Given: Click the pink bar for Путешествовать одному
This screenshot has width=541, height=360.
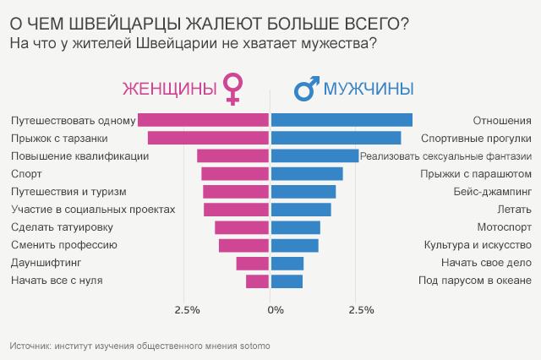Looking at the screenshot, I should [203, 120].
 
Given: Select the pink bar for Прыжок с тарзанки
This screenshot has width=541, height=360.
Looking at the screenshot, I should [208, 138].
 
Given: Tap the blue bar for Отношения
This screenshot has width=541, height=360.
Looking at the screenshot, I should [342, 120].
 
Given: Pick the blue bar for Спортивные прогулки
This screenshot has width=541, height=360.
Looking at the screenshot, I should [336, 138].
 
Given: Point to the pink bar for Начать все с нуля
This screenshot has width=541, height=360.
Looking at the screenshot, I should [257, 281].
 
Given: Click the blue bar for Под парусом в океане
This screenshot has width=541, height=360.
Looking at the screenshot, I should [287, 281].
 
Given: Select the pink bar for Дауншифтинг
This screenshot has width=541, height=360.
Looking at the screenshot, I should [253, 263].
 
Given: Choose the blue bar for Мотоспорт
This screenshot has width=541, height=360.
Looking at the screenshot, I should [295, 227].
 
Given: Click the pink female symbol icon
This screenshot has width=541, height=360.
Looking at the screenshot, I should [232, 88].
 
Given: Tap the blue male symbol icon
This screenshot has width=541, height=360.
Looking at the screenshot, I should [305, 88].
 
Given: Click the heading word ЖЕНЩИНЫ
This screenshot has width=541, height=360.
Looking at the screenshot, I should [169, 89].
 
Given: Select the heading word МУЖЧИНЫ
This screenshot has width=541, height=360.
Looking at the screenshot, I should [369, 89].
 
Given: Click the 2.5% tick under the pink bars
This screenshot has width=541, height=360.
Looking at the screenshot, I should [187, 310].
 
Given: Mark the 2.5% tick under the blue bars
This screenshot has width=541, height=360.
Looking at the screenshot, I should [361, 310].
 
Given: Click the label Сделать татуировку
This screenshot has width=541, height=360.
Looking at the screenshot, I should [62, 227].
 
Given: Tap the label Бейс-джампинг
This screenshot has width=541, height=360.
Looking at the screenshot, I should [495, 192].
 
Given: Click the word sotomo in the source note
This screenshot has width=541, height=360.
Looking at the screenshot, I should [255, 346].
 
